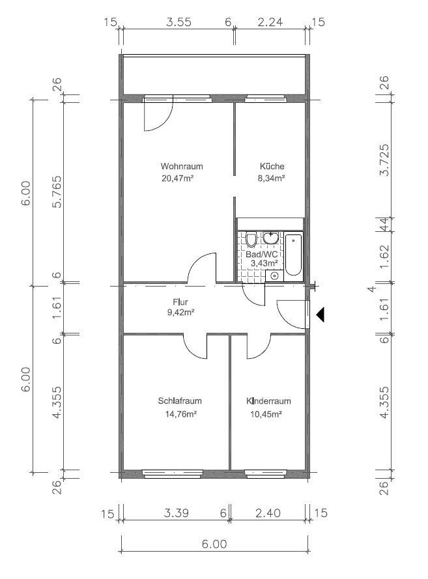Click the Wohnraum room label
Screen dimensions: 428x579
point(182,167)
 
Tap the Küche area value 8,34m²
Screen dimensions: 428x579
point(271,178)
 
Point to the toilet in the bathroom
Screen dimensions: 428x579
point(251,239)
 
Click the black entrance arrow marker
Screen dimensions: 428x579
point(320,315)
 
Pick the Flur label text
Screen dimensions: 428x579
point(180,302)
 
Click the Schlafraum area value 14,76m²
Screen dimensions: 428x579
point(180,414)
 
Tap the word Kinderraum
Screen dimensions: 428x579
point(268,401)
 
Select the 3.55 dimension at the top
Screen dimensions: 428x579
point(178,22)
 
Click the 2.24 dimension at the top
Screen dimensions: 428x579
point(270,22)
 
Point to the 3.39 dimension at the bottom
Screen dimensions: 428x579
point(177,513)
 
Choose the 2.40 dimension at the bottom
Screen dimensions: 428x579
point(268,513)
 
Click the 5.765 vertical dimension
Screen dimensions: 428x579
point(57,191)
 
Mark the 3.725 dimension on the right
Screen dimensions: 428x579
point(384,160)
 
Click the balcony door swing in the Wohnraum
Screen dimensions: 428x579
point(164,121)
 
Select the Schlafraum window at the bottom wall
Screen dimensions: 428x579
point(173,473)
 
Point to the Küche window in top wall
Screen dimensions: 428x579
point(266,98)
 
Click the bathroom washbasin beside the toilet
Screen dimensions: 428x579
point(271,238)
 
